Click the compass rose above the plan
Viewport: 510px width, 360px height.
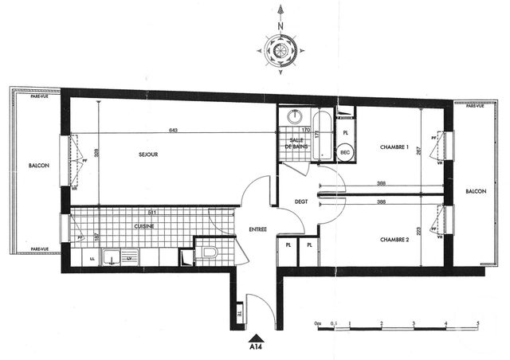pyautogui.click(x=280, y=49)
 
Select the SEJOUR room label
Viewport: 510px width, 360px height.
pyautogui.click(x=147, y=155)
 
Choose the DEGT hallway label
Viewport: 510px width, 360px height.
pyautogui.click(x=300, y=202)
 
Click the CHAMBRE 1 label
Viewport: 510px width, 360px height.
pyautogui.click(x=394, y=147)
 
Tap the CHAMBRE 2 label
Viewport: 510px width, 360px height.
pyautogui.click(x=394, y=239)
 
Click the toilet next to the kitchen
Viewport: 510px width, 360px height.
pyautogui.click(x=210, y=254)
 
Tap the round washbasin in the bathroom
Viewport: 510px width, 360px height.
pyautogui.click(x=296, y=116)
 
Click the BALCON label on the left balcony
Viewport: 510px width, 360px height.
pyautogui.click(x=38, y=166)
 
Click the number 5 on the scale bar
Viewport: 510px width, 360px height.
pyautogui.click(x=477, y=323)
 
